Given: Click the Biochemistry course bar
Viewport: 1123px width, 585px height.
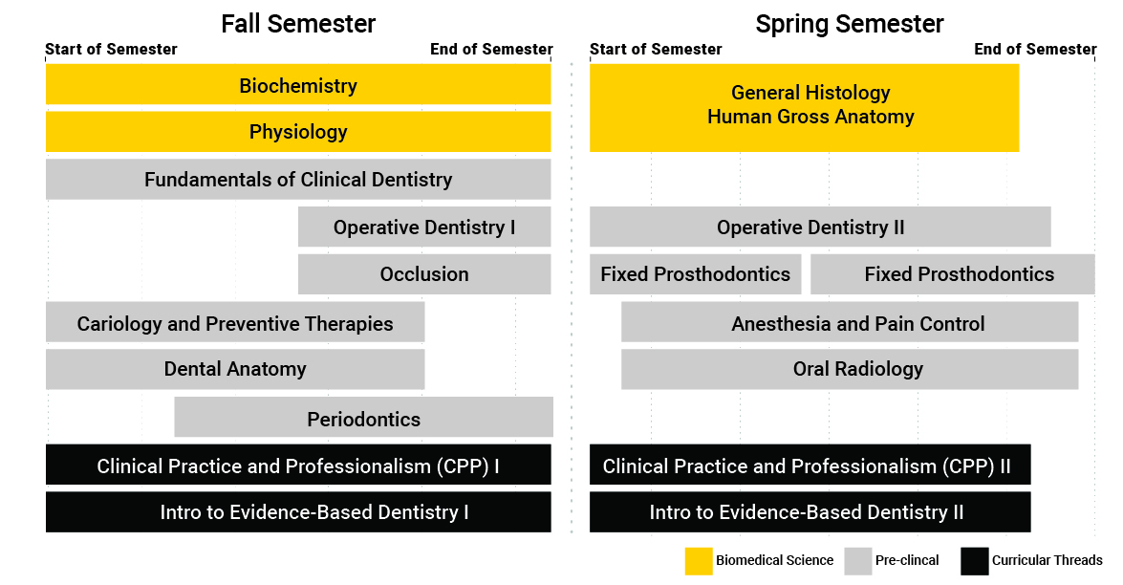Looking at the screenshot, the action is coord(298,84).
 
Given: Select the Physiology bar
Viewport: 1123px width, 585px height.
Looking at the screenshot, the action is coord(298,132).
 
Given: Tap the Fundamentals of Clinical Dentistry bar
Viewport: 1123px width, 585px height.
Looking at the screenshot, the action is coord(298,179).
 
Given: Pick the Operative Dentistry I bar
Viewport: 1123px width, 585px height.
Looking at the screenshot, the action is coord(424,227).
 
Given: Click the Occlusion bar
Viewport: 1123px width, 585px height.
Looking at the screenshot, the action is coord(424,274).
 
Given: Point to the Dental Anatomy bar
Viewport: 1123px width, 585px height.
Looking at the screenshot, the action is coord(235,370).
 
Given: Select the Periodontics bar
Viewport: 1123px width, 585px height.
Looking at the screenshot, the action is coord(364,417).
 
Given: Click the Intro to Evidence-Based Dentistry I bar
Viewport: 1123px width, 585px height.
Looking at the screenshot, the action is coord(298,512).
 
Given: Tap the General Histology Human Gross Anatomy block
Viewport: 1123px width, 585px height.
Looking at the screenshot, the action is coord(805,108).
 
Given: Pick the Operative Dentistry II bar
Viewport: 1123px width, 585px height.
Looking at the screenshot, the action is coord(820,227).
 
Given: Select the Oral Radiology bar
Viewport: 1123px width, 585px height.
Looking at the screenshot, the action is coord(850,370).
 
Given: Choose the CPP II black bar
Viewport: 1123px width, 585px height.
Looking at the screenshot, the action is coord(810,465).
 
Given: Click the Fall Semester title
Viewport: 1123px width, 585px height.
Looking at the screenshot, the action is coord(298,24).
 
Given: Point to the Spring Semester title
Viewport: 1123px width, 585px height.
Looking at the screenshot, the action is coord(850,24).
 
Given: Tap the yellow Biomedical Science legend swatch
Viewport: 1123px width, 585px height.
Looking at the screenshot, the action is coord(699,561).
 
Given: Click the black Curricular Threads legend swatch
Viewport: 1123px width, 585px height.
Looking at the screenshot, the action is coord(975,561).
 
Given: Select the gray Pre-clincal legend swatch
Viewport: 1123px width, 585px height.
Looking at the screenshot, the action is coord(858,561).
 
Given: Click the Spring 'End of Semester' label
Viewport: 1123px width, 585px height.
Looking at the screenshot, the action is coord(1035,50).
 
